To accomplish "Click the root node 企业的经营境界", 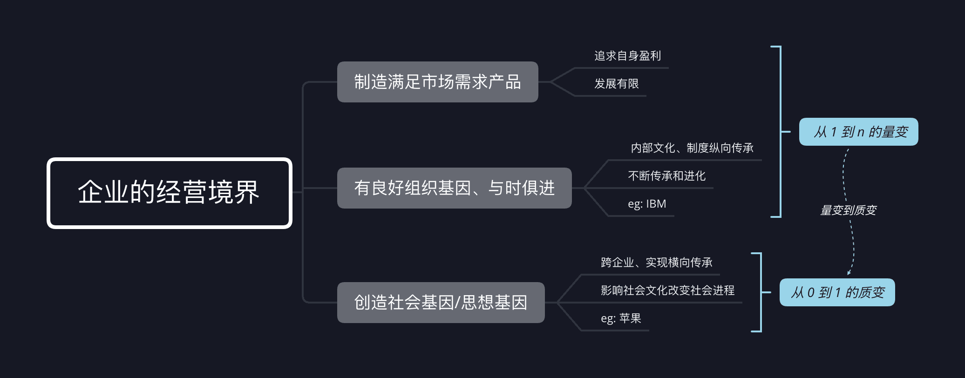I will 169,193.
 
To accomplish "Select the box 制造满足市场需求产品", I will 437,82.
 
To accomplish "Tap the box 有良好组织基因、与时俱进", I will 454,188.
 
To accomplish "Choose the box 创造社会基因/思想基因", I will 441,303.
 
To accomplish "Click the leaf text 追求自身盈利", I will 627,56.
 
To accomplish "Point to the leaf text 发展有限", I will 616,84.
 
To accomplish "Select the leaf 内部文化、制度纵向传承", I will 692,148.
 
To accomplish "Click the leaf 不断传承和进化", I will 666,176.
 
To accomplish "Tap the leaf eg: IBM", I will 646,204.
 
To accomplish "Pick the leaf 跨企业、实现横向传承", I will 656,263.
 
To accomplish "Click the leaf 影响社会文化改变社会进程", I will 667,290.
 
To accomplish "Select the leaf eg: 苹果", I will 620,318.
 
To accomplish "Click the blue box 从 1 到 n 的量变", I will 858,132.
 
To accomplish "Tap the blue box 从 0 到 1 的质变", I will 837,292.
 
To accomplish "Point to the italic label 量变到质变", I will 848,210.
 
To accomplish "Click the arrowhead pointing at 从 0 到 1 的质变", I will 849,272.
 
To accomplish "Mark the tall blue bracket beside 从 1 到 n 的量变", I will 780,132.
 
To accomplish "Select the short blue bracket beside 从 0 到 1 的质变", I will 760,292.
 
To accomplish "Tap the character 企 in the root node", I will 90,192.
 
